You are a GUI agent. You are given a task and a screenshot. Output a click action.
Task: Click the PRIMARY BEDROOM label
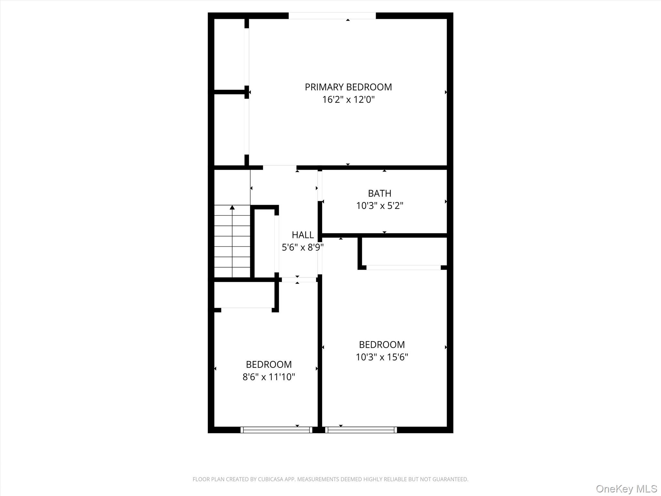(x=348, y=87)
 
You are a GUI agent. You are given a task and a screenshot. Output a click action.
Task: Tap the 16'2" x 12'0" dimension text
(x=348, y=99)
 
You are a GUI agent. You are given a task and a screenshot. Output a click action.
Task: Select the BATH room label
(x=380, y=193)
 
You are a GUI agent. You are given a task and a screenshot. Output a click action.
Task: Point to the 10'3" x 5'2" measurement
(x=380, y=206)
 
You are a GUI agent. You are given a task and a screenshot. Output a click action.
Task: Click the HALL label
(x=303, y=235)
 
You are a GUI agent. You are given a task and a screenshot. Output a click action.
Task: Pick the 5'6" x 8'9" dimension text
(x=303, y=247)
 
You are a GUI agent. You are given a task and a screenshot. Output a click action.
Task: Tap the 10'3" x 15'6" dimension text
(x=382, y=357)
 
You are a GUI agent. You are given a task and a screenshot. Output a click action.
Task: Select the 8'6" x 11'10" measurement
(x=269, y=377)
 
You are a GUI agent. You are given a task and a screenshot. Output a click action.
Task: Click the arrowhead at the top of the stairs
(x=232, y=207)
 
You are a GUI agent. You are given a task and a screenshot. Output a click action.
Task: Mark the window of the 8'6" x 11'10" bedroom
(x=276, y=430)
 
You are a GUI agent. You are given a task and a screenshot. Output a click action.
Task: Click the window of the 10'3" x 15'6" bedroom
(x=361, y=430)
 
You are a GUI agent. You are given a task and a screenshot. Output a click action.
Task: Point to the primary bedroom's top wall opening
(x=332, y=16)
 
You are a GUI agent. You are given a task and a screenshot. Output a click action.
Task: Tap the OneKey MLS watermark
(x=626, y=489)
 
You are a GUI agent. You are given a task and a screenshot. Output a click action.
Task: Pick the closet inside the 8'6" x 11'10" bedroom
(x=244, y=294)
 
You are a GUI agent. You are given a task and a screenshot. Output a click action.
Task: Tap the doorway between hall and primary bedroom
(x=280, y=168)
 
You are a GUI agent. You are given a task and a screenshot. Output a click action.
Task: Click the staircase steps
(x=232, y=241)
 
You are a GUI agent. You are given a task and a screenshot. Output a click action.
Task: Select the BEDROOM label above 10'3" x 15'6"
(x=382, y=345)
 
